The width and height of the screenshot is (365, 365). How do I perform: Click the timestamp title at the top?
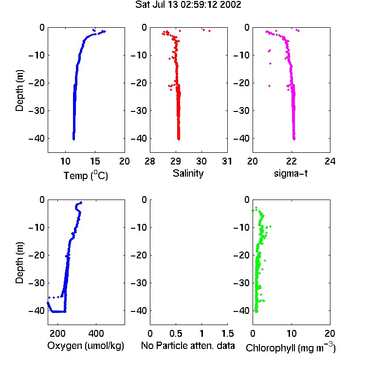click(x=188, y=4)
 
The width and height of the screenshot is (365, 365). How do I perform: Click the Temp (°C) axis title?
click(x=86, y=175)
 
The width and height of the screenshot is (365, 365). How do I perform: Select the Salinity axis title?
click(x=188, y=173)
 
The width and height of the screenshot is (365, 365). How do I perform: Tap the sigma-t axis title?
click(x=291, y=173)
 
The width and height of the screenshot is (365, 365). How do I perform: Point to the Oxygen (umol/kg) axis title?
click(x=86, y=346)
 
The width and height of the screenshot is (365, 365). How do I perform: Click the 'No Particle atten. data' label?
click(x=188, y=346)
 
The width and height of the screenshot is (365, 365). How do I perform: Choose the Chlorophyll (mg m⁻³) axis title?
click(x=291, y=347)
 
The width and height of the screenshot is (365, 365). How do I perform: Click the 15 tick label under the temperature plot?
click(x=95, y=161)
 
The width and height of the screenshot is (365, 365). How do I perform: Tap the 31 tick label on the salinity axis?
click(x=227, y=161)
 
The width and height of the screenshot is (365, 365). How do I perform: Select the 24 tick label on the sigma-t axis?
click(x=330, y=161)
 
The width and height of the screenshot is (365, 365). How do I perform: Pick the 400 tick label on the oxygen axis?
click(x=96, y=333)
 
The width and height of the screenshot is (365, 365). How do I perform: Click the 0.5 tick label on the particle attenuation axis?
click(x=176, y=333)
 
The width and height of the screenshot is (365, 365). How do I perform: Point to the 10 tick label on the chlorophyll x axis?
click(x=292, y=333)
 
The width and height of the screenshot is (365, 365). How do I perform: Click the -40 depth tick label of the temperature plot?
click(x=36, y=138)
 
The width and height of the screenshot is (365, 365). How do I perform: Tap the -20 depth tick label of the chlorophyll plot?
click(x=241, y=255)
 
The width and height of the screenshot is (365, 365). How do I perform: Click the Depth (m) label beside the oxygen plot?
click(x=19, y=263)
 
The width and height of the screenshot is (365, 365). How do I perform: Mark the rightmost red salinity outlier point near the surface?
click(x=209, y=31)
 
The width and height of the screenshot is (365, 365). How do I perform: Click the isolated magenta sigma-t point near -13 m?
click(x=270, y=63)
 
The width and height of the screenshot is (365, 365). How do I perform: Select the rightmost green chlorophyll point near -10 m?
click(x=270, y=226)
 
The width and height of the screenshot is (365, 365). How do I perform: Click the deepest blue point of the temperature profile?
click(x=74, y=139)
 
